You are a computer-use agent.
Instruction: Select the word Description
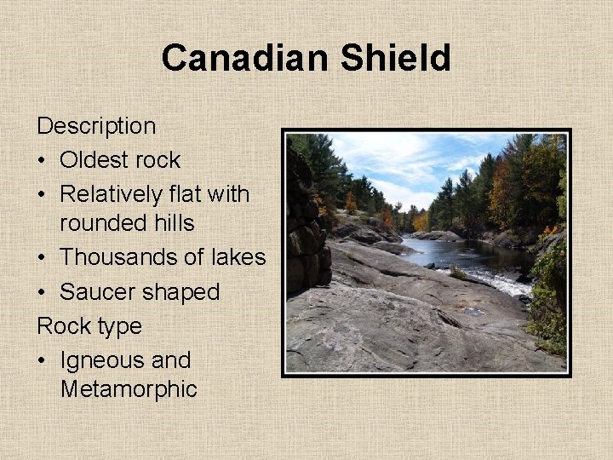pyautogui.click(x=96, y=126)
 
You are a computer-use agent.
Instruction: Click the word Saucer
pyautogui.click(x=96, y=291)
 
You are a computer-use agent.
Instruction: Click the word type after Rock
pyautogui.click(x=115, y=327)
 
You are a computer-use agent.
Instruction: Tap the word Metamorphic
pyautogui.click(x=129, y=390)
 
